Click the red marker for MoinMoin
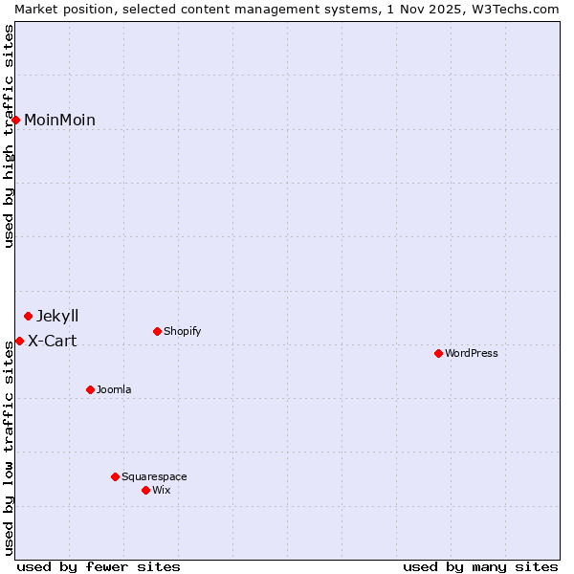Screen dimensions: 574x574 (16, 120)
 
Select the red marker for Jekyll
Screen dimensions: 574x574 (28, 316)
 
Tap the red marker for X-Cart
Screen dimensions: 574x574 (19, 341)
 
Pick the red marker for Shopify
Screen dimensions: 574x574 (157, 331)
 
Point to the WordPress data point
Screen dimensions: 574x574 (438, 353)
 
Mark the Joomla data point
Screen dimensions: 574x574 (90, 389)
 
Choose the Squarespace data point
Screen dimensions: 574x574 (115, 476)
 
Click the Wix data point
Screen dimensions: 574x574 (145, 490)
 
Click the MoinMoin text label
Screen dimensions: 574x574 (59, 120)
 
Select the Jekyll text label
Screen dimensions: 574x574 (57, 316)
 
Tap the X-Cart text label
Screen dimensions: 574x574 (52, 341)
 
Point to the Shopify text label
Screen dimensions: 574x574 (182, 331)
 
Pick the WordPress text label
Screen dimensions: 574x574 (471, 353)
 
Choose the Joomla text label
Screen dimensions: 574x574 (114, 389)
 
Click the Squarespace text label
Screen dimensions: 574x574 (154, 476)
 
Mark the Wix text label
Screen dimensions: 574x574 (161, 490)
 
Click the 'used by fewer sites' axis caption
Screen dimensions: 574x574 (99, 566)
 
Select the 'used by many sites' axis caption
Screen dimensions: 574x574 (480, 566)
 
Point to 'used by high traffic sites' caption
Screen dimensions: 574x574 (10, 136)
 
